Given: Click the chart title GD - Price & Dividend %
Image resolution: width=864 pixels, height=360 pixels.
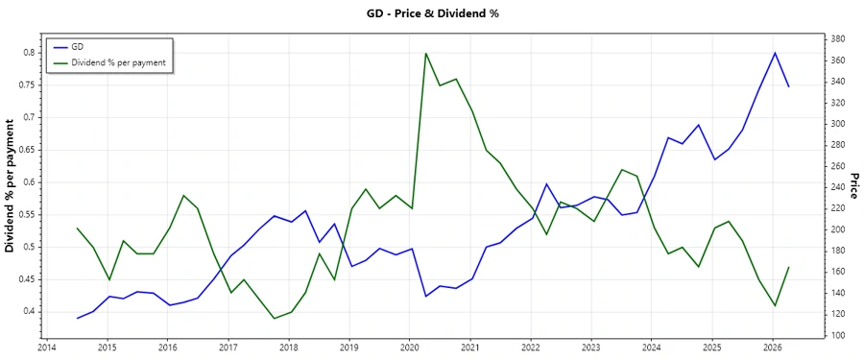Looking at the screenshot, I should click(x=433, y=13).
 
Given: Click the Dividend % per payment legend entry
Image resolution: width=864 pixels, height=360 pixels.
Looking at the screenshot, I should click(x=119, y=62).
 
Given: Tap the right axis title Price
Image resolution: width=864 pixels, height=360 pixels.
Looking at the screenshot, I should click(x=853, y=186).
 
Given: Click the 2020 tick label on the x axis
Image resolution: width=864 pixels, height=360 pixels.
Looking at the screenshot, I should click(x=410, y=347).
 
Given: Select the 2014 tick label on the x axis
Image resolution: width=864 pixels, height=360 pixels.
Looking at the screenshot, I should click(x=47, y=347).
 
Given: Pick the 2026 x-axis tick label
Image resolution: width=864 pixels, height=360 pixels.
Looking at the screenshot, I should click(x=773, y=347).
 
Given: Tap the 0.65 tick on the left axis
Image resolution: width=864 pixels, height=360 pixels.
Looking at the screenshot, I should click(x=29, y=150).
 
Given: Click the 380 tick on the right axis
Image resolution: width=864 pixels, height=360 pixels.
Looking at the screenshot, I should click(x=837, y=39).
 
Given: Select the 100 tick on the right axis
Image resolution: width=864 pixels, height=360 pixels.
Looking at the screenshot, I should click(x=837, y=335).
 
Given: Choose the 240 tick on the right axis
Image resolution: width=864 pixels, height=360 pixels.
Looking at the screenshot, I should click(x=837, y=187).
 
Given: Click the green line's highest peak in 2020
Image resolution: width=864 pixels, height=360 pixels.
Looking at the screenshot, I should click(x=425, y=53).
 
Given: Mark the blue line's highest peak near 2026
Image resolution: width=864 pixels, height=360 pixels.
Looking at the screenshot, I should click(x=775, y=53).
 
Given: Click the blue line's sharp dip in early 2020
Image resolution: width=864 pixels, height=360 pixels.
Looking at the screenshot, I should click(x=425, y=296).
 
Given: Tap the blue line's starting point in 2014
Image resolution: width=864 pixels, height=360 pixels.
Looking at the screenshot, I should click(x=77, y=318).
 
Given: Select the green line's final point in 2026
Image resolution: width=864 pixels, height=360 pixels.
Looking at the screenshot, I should click(x=789, y=267).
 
